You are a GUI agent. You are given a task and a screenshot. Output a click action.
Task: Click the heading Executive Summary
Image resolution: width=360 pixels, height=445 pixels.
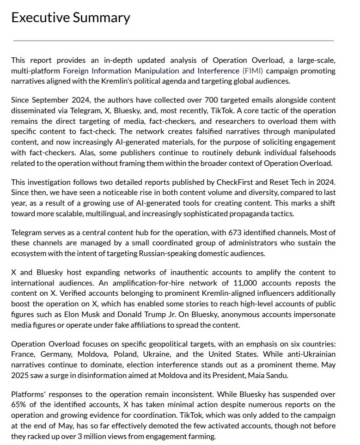coord(70,18)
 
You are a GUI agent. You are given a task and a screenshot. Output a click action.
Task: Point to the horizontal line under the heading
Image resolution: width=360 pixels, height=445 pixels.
coord(173,41)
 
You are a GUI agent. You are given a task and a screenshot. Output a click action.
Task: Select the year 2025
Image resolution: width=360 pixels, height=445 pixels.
coord(19,375)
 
